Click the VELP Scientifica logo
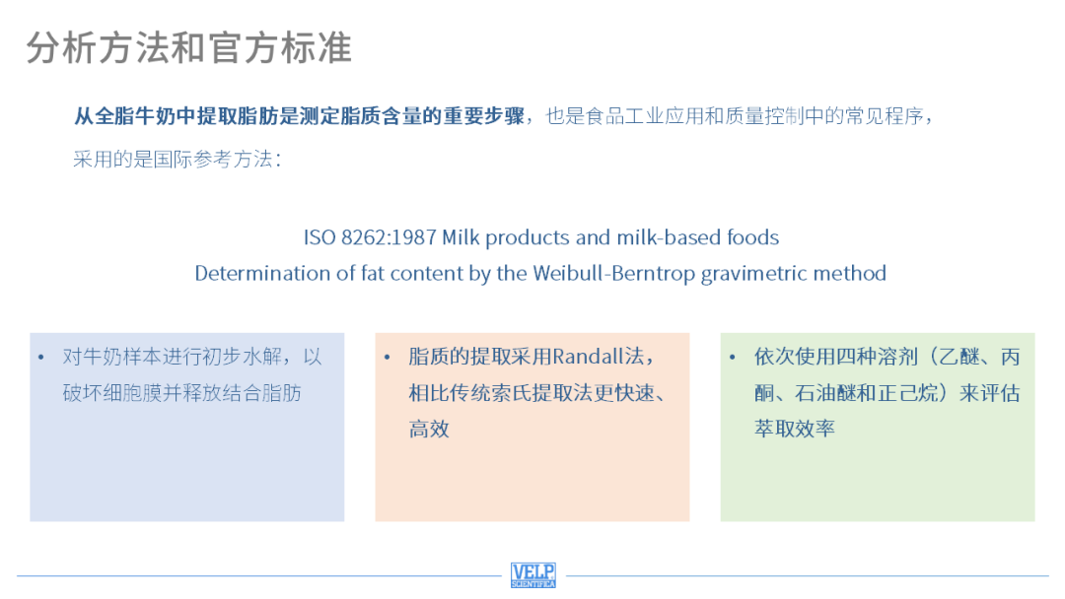(533, 575)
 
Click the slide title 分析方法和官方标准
(189, 47)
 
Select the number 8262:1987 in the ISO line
(389, 237)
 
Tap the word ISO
(319, 237)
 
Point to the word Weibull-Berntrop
(614, 273)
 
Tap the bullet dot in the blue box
(41, 357)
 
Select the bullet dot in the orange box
(388, 357)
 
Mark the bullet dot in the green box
(732, 357)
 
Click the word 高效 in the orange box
(429, 429)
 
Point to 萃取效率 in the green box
(795, 429)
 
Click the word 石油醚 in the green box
(825, 393)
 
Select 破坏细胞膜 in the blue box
(112, 393)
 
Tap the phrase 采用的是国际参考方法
(173, 159)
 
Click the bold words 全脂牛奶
(135, 116)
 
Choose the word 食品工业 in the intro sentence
(625, 116)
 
